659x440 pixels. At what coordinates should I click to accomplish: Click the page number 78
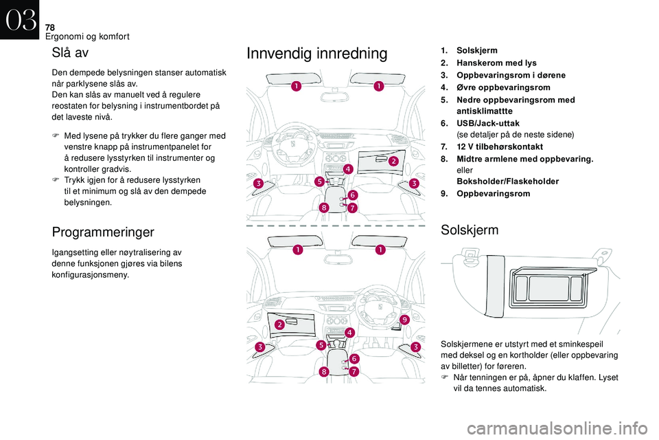click(49, 26)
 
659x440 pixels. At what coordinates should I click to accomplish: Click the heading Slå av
click(69, 52)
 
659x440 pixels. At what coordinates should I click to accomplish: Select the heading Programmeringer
click(103, 232)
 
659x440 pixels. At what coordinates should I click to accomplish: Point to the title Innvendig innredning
click(316, 54)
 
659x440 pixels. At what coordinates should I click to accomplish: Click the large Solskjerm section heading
click(470, 230)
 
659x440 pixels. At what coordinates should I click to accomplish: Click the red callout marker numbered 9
click(404, 320)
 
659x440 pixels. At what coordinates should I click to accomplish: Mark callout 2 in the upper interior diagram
click(393, 161)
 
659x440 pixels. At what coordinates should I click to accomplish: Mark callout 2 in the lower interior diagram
click(280, 324)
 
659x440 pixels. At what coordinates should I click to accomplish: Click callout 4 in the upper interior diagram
click(348, 169)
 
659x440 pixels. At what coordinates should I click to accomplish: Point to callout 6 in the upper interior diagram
click(353, 195)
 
